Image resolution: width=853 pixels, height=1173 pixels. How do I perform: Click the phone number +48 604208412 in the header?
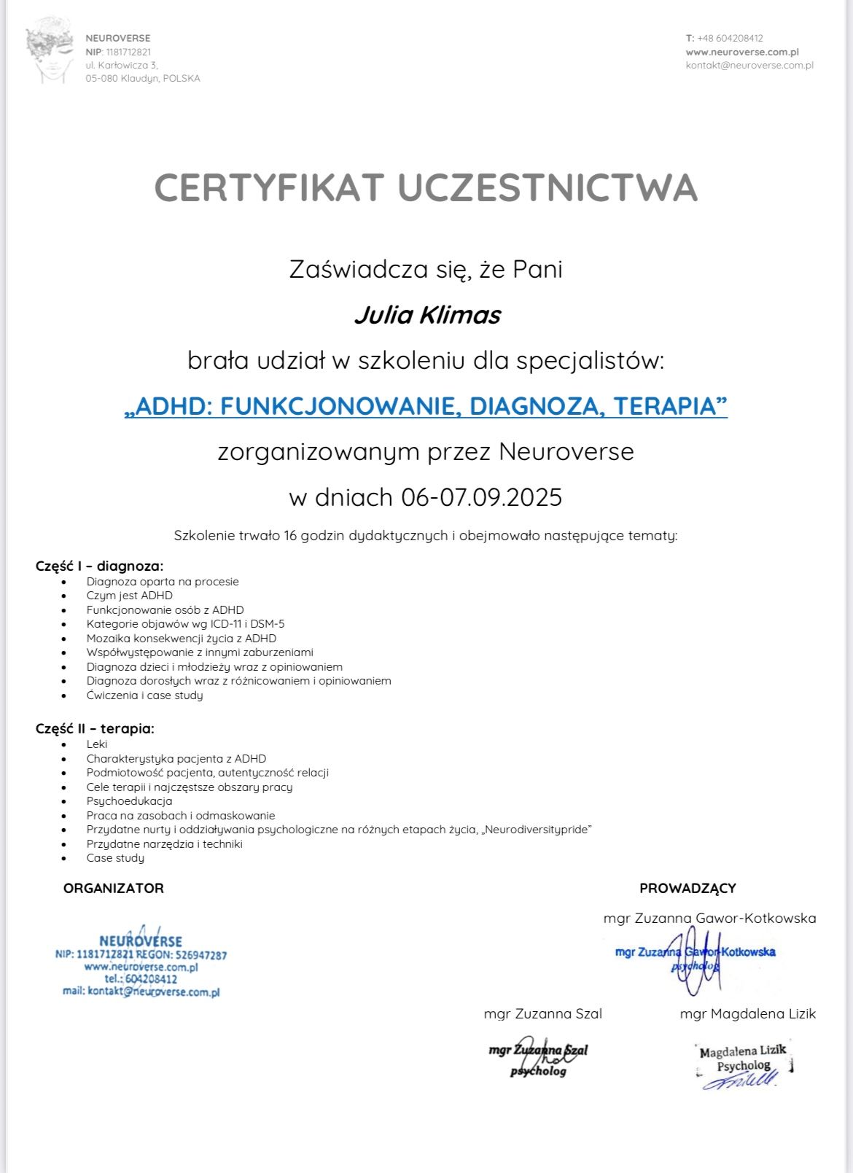pos(730,38)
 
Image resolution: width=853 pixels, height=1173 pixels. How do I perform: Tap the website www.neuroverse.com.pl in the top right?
pos(742,52)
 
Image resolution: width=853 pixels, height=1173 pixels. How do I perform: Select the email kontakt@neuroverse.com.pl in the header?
pos(749,65)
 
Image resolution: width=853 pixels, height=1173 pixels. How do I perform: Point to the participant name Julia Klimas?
pos(427,315)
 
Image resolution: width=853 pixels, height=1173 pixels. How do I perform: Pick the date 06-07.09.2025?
pos(482,497)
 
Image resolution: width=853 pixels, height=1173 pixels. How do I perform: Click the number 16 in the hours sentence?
pos(291,536)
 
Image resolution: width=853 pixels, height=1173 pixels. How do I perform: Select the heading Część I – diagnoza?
pos(99,566)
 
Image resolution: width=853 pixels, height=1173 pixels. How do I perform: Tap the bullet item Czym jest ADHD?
pos(129,596)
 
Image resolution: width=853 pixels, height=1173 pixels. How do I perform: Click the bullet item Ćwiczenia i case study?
pos(144,695)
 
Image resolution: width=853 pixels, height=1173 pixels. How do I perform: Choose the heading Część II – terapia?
pos(95,728)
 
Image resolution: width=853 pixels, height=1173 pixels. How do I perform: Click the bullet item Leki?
pos(97,744)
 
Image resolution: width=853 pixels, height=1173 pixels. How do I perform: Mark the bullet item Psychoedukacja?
pos(129,801)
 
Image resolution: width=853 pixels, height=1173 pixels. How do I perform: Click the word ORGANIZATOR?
pos(114,888)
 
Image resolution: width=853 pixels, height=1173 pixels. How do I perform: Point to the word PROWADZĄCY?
pos(688,888)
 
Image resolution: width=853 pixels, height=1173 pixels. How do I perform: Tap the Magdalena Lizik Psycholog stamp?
pos(743,1065)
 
